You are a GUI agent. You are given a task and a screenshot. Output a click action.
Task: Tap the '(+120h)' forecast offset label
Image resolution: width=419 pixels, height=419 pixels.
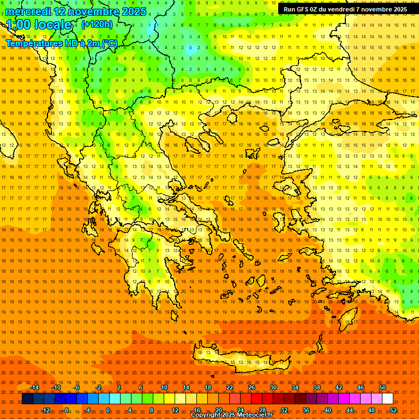(97, 24)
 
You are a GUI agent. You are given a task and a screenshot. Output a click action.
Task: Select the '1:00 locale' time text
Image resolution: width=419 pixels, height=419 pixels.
(39, 25)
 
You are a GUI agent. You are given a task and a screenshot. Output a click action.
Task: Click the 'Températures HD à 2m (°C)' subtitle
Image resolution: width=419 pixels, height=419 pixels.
(61, 43)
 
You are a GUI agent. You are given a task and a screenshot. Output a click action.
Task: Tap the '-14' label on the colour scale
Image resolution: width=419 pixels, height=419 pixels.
(34, 387)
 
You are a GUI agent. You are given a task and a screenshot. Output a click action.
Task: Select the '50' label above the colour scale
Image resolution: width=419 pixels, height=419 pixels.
(382, 387)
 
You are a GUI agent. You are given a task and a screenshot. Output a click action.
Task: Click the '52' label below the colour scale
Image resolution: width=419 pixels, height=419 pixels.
(393, 410)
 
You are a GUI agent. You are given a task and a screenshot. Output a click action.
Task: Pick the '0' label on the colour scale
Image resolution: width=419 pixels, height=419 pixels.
(107, 410)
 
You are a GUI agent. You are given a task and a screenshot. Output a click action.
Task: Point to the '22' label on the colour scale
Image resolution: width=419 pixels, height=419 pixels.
(230, 387)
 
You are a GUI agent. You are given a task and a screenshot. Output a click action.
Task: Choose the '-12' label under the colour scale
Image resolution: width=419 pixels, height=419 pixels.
(46, 410)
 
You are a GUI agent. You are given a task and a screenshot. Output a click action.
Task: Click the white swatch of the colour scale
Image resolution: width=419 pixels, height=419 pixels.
(387, 399)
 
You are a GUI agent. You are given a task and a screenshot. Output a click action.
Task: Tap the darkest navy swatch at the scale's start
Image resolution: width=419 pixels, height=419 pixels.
(27, 399)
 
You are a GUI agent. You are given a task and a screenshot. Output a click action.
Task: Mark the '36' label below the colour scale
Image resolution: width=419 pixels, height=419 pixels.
(306, 410)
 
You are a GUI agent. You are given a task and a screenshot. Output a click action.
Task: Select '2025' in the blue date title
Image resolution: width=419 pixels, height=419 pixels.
(130, 11)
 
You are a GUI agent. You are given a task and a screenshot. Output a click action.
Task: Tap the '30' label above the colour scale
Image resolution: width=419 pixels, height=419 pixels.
(273, 387)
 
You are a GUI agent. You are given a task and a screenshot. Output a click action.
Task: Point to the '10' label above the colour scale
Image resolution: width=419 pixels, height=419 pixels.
(164, 387)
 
